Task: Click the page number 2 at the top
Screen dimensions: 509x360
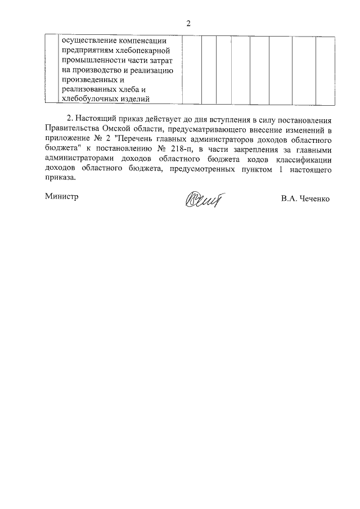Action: pyautogui.click(x=189, y=24)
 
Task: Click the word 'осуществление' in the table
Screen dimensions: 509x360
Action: pyautogui.click(x=88, y=41)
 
